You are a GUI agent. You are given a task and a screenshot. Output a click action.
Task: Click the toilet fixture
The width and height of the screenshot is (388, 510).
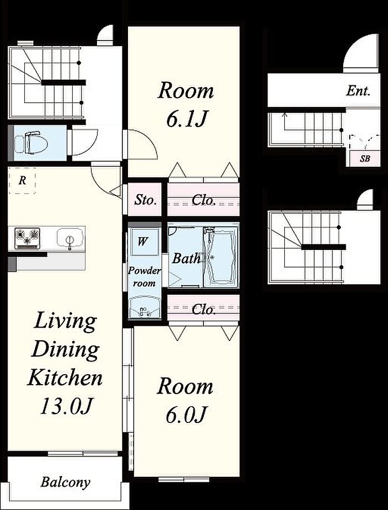[x=32, y=142]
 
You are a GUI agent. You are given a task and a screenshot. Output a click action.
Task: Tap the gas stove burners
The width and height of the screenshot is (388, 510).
[x=27, y=238]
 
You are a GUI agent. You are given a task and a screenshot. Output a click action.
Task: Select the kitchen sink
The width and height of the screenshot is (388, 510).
[x=69, y=238]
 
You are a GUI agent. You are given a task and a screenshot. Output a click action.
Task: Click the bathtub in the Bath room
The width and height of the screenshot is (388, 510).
[x=221, y=257]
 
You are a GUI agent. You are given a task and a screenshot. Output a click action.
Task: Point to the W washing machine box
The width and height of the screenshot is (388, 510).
[x=142, y=242]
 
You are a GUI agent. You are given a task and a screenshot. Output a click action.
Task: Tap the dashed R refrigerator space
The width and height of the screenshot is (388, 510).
[x=22, y=181]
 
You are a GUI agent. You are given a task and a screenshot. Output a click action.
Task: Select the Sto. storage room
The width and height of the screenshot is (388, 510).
[x=145, y=200]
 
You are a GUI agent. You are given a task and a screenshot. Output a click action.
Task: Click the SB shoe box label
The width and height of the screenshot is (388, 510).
[x=365, y=159]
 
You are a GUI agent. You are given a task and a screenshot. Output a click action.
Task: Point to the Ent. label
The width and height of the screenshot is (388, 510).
[x=358, y=91]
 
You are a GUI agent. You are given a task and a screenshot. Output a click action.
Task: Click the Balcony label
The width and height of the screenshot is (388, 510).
[x=65, y=482]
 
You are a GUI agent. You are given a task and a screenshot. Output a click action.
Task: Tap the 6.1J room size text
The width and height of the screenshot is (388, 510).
[x=186, y=119]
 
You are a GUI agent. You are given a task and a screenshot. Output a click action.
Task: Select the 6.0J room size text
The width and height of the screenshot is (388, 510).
[x=186, y=415]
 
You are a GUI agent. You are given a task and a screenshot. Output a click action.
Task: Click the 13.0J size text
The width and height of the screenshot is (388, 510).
[x=67, y=406]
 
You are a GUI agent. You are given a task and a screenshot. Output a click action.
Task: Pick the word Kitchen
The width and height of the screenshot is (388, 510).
[x=65, y=378]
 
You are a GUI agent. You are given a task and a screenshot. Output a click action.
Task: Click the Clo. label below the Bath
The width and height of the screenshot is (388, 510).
[x=203, y=309]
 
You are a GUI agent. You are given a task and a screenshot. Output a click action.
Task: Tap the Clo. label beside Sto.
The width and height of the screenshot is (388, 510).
[x=203, y=200]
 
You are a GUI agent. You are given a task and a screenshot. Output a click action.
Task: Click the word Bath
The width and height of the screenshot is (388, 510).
[x=186, y=258]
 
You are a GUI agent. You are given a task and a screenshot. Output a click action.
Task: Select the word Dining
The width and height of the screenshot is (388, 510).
[x=66, y=349]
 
